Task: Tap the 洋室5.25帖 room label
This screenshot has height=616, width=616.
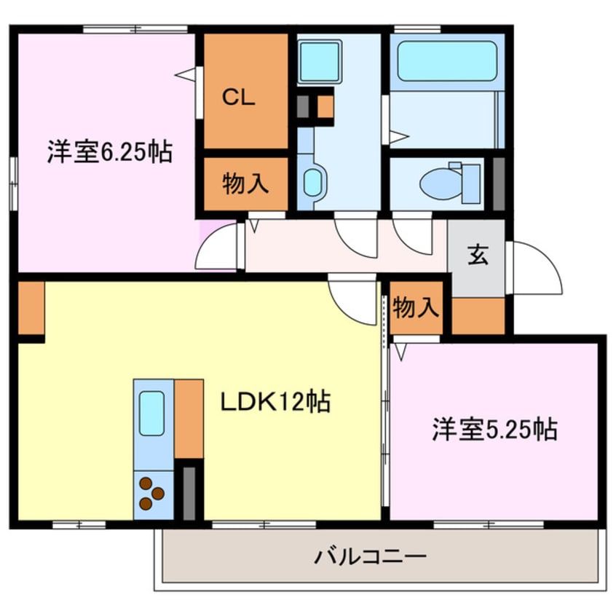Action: click(x=494, y=429)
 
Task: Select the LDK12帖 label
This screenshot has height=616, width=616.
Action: click(x=276, y=401)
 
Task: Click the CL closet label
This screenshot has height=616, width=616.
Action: click(x=239, y=99)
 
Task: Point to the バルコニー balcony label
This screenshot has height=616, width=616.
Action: click(x=370, y=558)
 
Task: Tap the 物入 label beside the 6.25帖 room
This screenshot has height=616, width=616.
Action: click(x=245, y=183)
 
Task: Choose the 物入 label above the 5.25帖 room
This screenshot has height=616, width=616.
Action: click(x=416, y=309)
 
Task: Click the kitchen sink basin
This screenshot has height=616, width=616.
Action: click(x=151, y=413)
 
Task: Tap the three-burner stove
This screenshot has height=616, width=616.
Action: click(x=152, y=494)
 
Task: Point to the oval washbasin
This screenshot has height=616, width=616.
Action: click(x=312, y=182)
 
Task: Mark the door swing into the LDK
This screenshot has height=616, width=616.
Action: click(x=353, y=299)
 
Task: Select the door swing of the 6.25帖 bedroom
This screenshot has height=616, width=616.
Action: click(x=217, y=248)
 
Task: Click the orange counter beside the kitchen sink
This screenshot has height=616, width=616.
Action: click(x=189, y=418)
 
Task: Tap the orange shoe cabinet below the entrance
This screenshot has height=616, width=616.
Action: click(x=478, y=315)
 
